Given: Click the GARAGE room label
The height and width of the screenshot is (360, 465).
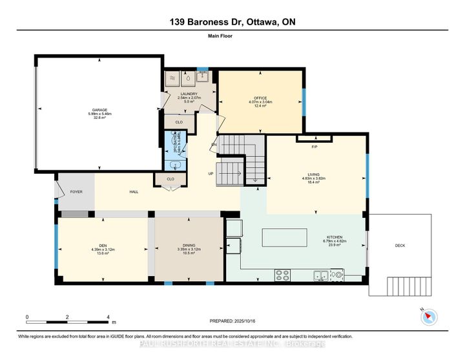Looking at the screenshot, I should click(100, 110).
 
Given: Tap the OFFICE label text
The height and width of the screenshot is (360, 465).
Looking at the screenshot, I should click(261, 98).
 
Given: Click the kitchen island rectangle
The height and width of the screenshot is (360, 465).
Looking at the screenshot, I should click(290, 237).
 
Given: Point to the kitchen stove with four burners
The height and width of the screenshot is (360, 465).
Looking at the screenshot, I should click(282, 275).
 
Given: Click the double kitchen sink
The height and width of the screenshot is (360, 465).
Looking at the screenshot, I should click(321, 275).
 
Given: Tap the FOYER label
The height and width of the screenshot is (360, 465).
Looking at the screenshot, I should click(76, 191).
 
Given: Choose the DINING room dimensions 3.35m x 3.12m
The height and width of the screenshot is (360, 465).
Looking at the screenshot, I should click(186, 249).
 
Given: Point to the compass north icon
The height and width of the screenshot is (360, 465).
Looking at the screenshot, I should click(429, 316).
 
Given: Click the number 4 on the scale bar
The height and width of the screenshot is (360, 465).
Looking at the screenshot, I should click(108, 317).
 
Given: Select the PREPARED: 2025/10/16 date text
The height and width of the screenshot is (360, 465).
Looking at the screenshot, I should click(237, 321).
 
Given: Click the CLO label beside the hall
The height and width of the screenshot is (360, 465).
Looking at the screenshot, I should click(171, 179).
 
